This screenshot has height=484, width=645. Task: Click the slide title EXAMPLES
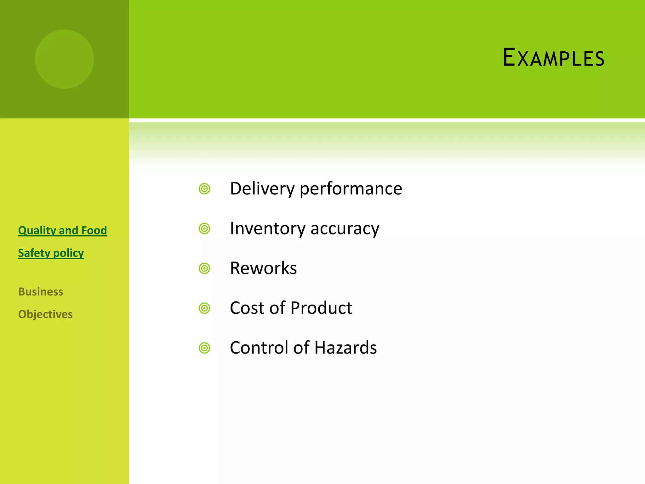(x=553, y=58)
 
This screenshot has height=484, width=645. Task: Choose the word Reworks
(x=263, y=268)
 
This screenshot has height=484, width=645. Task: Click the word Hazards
(x=345, y=348)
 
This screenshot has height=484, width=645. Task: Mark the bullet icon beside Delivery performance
(x=204, y=189)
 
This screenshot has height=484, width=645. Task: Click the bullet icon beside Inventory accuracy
(x=204, y=229)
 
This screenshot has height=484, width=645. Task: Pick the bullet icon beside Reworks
(x=204, y=268)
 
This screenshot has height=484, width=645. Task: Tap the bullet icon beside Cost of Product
(x=204, y=308)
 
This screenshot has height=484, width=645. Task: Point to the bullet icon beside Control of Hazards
(x=204, y=348)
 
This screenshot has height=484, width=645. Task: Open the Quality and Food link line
(x=62, y=230)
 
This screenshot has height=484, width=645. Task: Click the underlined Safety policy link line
(x=51, y=253)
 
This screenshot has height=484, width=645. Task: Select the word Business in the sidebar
(x=41, y=292)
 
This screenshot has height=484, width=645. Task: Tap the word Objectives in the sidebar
(x=45, y=314)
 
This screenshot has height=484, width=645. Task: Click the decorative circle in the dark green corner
(x=65, y=59)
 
